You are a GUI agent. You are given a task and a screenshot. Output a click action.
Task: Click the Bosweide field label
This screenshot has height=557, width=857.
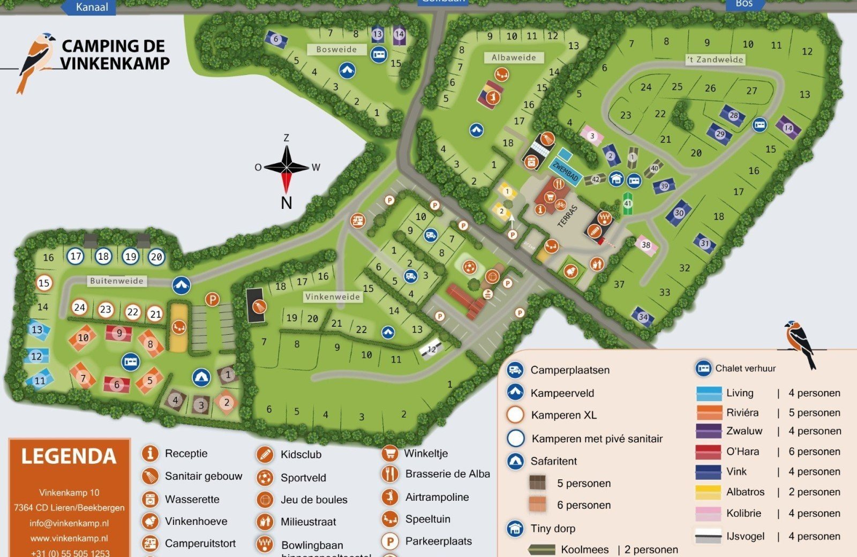click(x=336, y=49)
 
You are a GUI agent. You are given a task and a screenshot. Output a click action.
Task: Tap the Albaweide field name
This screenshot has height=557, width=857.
click(x=513, y=57)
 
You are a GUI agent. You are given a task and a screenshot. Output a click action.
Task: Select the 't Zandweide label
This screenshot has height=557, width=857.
click(x=716, y=59)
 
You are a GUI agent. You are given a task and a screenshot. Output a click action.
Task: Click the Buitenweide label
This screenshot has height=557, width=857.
click(x=116, y=281)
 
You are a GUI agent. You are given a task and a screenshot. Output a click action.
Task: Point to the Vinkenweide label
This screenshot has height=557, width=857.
click(x=332, y=297)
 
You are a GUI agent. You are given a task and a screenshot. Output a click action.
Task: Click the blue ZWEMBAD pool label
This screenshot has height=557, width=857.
click(x=566, y=171)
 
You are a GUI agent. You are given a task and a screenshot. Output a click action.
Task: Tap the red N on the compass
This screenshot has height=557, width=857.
click(x=287, y=203)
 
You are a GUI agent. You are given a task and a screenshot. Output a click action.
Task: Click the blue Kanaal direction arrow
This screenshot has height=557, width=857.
click(x=88, y=7)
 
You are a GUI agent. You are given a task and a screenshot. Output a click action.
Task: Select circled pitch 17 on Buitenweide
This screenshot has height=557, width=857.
click(x=76, y=256)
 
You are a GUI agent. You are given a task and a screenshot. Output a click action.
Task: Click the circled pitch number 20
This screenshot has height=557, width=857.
click(x=156, y=257)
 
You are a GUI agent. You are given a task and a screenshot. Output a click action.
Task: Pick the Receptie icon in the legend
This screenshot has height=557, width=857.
click(x=150, y=454)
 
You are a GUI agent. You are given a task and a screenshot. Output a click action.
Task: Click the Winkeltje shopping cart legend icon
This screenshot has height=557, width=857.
click(x=389, y=454)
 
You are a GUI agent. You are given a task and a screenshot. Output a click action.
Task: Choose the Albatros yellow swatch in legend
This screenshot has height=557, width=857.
click(x=708, y=492)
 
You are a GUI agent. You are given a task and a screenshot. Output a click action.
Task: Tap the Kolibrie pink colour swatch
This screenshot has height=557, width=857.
click(x=708, y=514)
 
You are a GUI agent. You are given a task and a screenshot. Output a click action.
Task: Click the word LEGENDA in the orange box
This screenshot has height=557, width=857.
click(x=69, y=457)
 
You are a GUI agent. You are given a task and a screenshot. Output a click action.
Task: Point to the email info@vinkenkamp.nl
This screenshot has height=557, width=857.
click(x=69, y=523)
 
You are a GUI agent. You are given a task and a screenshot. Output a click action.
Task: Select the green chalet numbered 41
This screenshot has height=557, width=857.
click(x=627, y=204)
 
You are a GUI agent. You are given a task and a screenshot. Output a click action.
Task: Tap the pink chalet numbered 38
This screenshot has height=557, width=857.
click(x=646, y=245)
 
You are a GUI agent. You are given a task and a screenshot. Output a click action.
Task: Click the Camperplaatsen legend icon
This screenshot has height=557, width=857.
click(x=515, y=370)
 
